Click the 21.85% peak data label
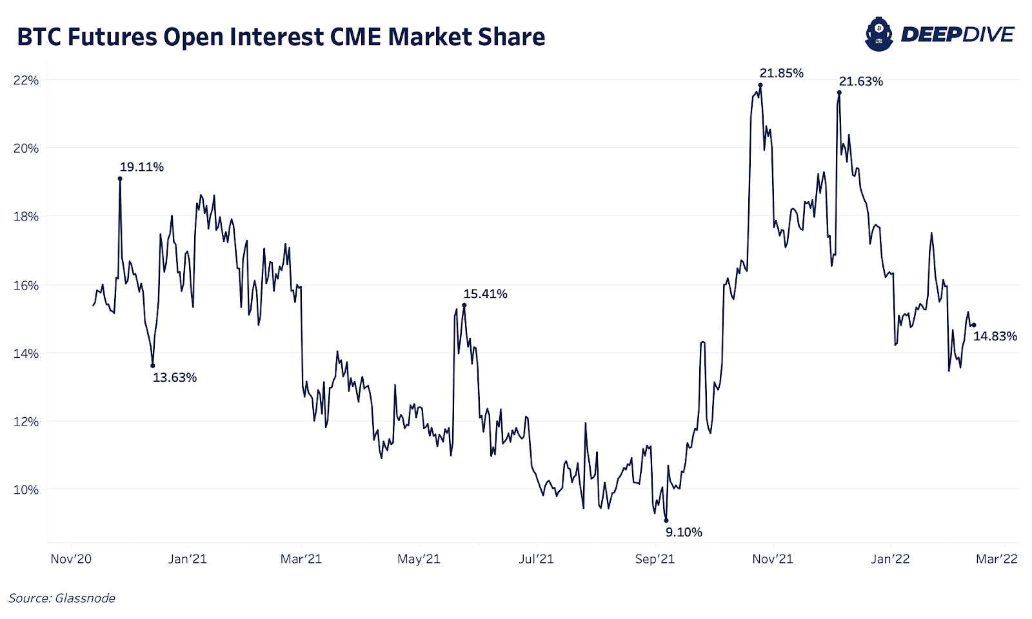click(781, 74)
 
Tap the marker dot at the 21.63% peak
click(839, 92)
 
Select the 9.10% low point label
click(684, 533)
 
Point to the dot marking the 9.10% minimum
click(666, 520)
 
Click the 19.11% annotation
click(141, 167)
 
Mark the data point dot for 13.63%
click(153, 366)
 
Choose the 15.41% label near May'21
click(485, 294)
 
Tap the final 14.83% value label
click(995, 337)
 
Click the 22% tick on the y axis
click(26, 81)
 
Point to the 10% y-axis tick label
click(26, 490)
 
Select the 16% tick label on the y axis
click(26, 285)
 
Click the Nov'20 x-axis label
click(71, 559)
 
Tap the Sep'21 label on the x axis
click(655, 559)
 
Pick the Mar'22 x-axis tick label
click(997, 559)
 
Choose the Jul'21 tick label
click(537, 559)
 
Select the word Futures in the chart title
click(112, 37)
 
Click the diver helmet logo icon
click(878, 34)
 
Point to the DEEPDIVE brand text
click(957, 34)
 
